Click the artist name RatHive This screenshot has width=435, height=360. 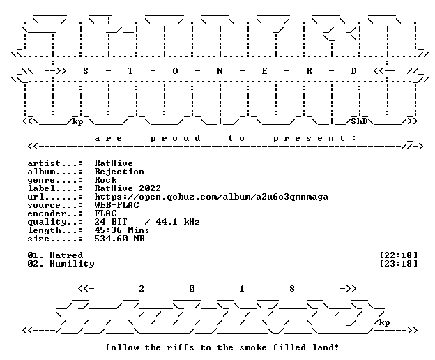point(114,163)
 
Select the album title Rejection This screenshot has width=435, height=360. point(119,172)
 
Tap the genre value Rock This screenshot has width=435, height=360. point(105,180)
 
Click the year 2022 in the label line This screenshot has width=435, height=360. point(150,188)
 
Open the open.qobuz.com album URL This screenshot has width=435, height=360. point(211,197)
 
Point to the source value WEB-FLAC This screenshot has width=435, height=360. point(116,205)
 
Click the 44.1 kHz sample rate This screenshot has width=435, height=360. point(178,221)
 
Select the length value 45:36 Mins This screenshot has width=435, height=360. point(122,230)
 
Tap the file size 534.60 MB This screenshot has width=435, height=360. point(119,238)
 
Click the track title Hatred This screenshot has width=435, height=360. point(66,255)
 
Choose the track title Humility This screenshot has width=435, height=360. point(72,264)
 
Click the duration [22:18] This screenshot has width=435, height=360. point(398,255)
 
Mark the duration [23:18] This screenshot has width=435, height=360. point(398,264)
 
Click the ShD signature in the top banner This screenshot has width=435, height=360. point(359,121)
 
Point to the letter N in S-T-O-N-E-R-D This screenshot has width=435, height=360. point(220,71)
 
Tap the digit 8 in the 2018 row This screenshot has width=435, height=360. point(292,289)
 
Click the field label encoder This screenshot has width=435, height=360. point(47,213)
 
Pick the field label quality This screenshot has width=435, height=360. point(47,222)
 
